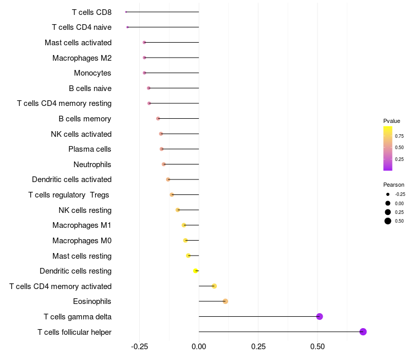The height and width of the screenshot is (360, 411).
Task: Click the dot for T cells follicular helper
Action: (x=363, y=332)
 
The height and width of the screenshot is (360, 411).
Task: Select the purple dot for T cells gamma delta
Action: (x=320, y=316)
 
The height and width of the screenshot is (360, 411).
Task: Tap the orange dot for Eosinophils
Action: (x=225, y=301)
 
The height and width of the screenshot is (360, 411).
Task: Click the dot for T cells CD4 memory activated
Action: (x=214, y=286)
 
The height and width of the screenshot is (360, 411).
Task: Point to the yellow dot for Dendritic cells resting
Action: (x=195, y=271)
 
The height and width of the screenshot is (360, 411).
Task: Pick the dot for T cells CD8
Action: (x=126, y=12)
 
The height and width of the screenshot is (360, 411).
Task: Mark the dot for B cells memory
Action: (x=158, y=119)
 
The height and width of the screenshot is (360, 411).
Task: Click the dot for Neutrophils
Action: (x=164, y=164)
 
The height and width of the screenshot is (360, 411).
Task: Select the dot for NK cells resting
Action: (x=178, y=210)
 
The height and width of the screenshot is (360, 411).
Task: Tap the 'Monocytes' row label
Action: (x=92, y=73)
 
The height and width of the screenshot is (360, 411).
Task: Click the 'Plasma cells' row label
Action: (x=90, y=149)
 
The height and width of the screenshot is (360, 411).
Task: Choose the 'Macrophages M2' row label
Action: (x=82, y=58)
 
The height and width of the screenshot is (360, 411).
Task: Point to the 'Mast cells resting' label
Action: (x=82, y=256)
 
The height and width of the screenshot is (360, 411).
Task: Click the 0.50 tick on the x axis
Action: (x=317, y=347)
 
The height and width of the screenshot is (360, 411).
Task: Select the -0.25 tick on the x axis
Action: (x=139, y=347)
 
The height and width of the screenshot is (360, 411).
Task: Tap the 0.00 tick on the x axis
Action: (x=199, y=347)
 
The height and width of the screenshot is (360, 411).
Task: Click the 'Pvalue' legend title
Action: (x=391, y=121)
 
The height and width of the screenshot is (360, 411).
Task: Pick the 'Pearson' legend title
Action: (x=394, y=185)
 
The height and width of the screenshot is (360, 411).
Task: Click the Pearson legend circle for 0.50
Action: (x=388, y=221)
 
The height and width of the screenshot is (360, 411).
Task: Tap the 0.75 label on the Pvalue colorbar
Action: (x=399, y=136)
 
